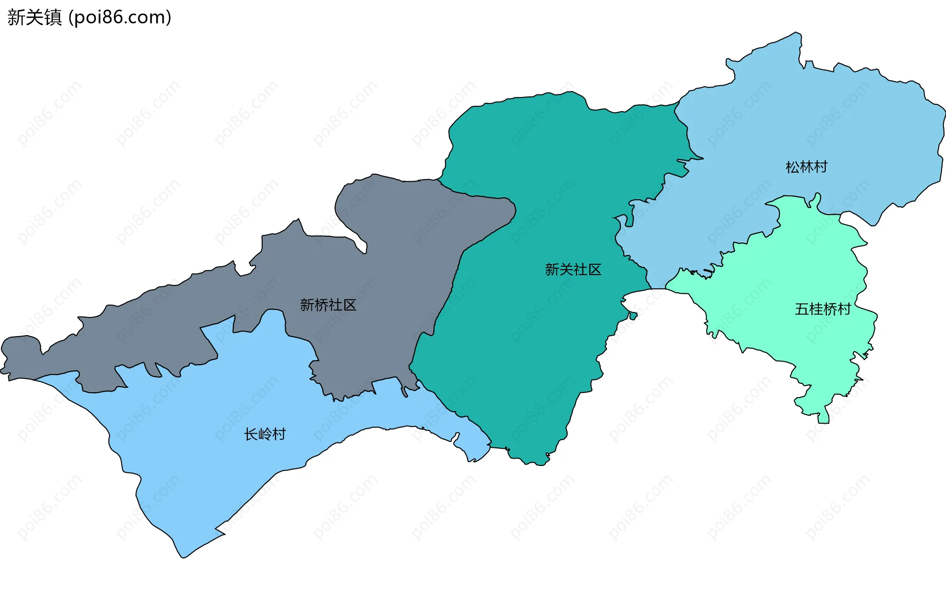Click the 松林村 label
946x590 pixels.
pyautogui.click(x=806, y=167)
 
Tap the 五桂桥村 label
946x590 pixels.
pyautogui.click(x=823, y=309)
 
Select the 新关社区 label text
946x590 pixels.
pyautogui.click(x=573, y=270)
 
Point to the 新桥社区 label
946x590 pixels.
pyautogui.click(x=328, y=305)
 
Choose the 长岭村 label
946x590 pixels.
pyautogui.click(x=265, y=434)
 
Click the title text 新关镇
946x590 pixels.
pyautogui.click(x=34, y=17)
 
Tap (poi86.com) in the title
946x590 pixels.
pyautogui.click(x=120, y=17)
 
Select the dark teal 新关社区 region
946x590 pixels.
pyautogui.click(x=522, y=344)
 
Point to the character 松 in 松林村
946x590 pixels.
pyautogui.click(x=792, y=167)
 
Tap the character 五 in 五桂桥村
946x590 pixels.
pyautogui.click(x=802, y=309)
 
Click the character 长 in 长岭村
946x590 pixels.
pyautogui.click(x=251, y=434)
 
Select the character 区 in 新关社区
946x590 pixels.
pyautogui.click(x=595, y=270)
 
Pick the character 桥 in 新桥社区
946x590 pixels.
pyautogui.click(x=321, y=305)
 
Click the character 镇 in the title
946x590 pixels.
pyautogui.click(x=53, y=17)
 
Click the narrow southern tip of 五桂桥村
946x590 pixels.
pyautogui.click(x=823, y=420)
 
